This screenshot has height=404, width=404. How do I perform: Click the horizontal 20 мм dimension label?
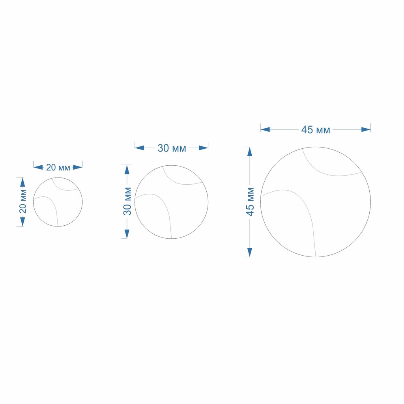coord(58,167)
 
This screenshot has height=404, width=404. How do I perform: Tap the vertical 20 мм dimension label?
coord(22,202)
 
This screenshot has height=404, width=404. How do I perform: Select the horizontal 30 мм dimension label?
coord(172,148)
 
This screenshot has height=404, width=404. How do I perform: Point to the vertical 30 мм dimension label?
coord(127,201)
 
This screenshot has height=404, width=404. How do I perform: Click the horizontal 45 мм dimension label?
coord(316,129)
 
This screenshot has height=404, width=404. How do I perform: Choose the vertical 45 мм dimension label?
coord(250,202)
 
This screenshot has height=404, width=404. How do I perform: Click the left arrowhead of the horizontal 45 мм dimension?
coord(265,129)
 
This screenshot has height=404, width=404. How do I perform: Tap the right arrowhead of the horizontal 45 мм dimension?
coord(366,129)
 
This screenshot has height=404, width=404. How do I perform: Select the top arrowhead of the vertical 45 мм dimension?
coord(250,152)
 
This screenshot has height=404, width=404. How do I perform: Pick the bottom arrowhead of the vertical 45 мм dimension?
coord(250,252)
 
